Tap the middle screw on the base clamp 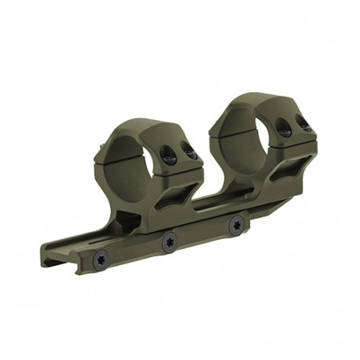coord(168,242)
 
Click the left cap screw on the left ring coord(167,157)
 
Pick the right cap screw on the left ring coord(189,152)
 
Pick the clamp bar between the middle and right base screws coord(202,233)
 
